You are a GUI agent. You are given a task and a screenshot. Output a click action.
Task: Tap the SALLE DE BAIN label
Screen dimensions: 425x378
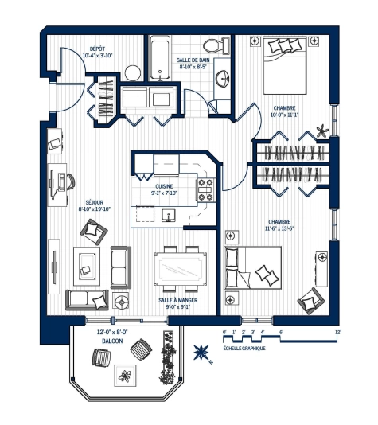coord(194,62)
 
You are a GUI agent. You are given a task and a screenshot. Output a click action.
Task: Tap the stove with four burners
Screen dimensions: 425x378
coord(206,189)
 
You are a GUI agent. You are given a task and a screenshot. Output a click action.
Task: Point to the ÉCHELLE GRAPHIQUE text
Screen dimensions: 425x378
coord(244,348)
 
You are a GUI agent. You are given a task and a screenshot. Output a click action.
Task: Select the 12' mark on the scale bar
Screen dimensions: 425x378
coord(338,333)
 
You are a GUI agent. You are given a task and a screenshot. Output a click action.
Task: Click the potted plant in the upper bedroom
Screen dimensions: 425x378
coord(321,130)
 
